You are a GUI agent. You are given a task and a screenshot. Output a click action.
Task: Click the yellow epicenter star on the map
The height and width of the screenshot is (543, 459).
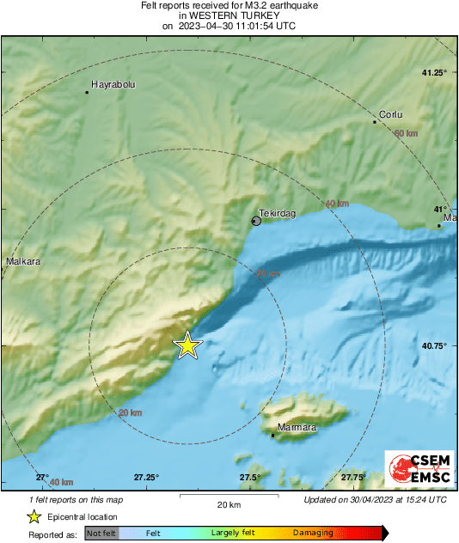(187, 345)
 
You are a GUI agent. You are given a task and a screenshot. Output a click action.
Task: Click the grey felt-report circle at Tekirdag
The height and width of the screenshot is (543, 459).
(256, 222)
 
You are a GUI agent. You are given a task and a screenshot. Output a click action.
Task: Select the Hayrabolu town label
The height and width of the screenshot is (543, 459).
(113, 84)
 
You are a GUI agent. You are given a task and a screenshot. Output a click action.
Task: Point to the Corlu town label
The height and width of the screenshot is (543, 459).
(391, 114)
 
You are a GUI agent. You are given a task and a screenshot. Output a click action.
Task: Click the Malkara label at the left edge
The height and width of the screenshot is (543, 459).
(23, 261)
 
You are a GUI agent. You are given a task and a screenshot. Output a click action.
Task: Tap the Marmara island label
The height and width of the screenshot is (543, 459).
(298, 427)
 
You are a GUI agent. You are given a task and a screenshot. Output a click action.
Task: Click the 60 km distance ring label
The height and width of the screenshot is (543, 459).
(405, 133)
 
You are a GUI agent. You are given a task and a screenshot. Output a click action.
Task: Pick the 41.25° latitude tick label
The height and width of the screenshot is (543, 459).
(434, 72)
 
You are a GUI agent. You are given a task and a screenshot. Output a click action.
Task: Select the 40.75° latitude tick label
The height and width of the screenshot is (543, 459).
(434, 345)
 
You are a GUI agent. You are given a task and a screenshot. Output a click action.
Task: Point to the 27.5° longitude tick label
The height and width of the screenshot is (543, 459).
(250, 477)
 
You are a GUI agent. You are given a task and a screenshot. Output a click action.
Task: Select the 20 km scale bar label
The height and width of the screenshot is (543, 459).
(228, 504)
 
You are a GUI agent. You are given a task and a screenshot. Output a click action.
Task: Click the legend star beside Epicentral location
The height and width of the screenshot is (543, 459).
(34, 516)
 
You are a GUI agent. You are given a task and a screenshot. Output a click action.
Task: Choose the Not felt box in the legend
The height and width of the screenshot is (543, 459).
(101, 534)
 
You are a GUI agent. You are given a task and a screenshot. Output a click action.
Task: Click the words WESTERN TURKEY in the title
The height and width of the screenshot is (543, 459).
(229, 15)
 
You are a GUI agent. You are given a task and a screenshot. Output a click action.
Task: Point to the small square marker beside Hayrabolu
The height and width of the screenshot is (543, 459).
(87, 92)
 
